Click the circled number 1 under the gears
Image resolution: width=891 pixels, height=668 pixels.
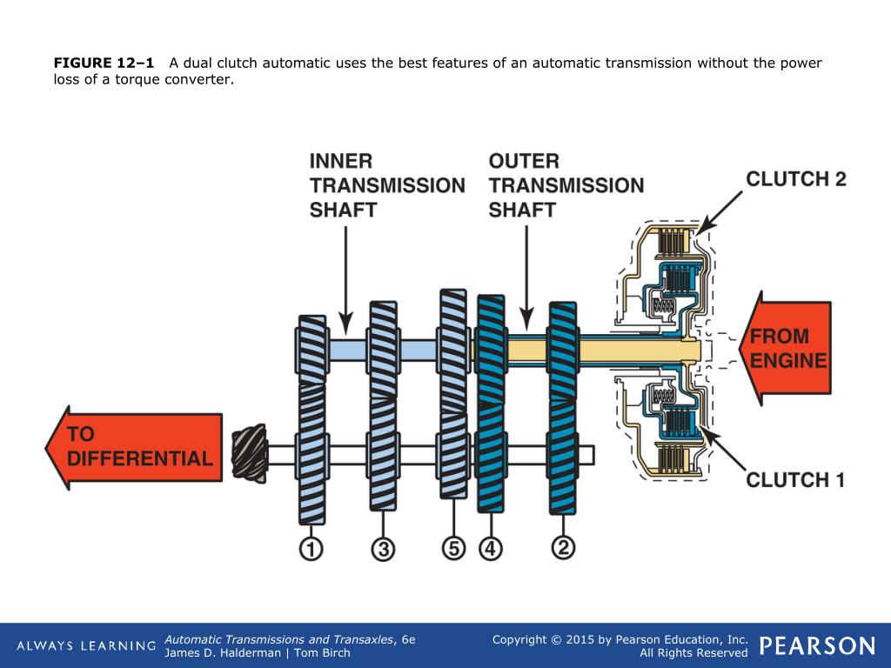(311, 549)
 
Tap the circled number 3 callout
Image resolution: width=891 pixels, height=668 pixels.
(382, 549)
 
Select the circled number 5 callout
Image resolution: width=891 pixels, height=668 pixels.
(453, 549)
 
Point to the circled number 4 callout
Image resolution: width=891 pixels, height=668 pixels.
(491, 549)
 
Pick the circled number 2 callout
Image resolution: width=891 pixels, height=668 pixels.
(564, 549)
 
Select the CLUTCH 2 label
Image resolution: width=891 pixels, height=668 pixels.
(795, 180)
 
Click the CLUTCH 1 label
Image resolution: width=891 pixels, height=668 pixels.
(795, 479)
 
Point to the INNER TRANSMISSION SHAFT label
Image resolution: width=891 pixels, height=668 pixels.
(386, 185)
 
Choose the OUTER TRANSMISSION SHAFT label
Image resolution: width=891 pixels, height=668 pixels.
(566, 185)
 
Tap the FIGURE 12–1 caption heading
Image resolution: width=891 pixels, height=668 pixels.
(104, 63)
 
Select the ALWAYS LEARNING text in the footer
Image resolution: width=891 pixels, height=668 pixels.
(86, 646)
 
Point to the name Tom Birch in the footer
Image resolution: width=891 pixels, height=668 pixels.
(322, 653)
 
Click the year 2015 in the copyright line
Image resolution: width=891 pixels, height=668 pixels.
(579, 639)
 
